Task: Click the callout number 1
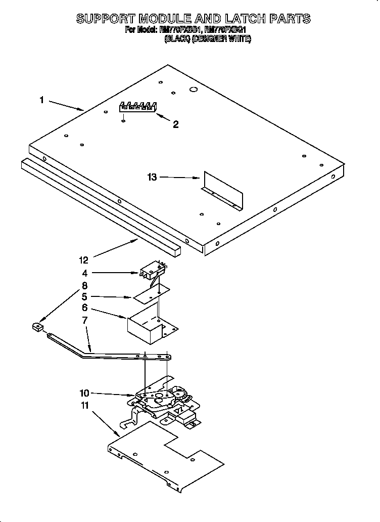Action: coord(41,100)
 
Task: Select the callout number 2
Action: coord(175,124)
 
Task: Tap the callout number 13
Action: coord(152,177)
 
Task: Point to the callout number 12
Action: coord(83,260)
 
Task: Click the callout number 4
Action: coord(85,273)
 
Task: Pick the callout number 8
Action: coord(85,285)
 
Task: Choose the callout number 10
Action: coord(85,392)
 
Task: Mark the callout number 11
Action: coord(85,405)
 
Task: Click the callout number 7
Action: coord(85,320)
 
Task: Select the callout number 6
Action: coord(85,308)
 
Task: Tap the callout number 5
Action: coord(85,296)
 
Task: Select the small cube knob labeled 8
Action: coord(36,327)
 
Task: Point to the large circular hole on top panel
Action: coord(193,90)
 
